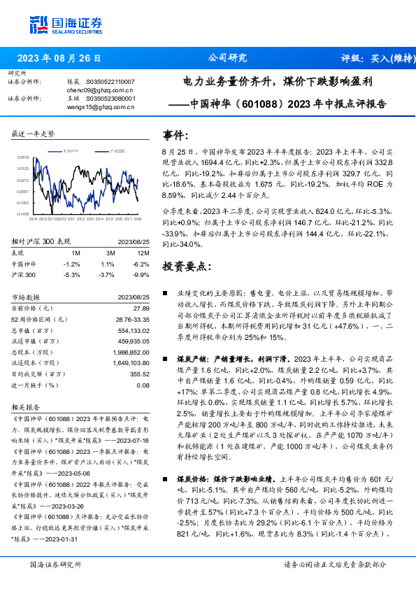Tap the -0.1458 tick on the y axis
pos(23,214)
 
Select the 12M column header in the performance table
pos(143,253)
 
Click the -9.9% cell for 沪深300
pos(142,275)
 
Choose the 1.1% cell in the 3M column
pos(108,264)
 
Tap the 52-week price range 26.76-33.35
pos(131,319)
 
